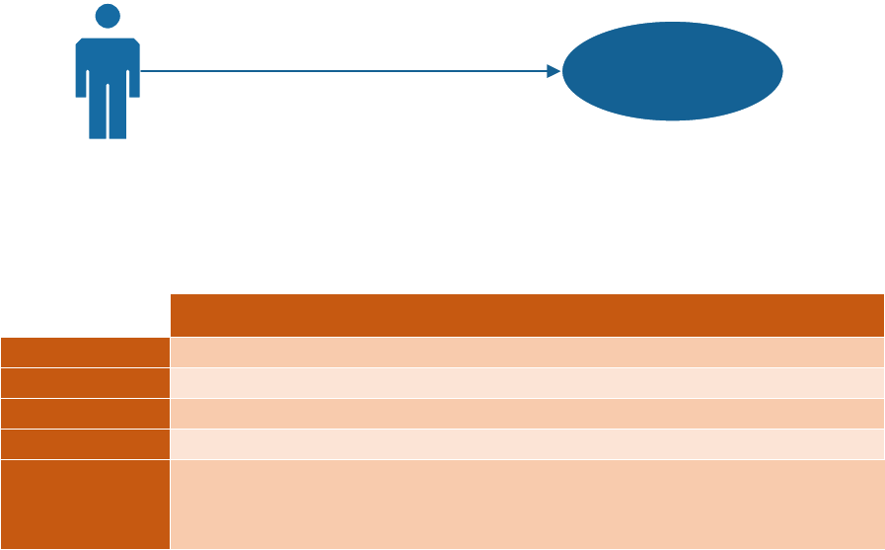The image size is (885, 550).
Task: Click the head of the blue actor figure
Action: coord(108,17)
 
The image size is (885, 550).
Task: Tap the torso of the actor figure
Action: coord(108,64)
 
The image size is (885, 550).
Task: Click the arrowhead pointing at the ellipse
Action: coord(553,71)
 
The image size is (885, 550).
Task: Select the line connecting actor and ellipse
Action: coord(345,71)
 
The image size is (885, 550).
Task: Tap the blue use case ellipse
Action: coord(673,71)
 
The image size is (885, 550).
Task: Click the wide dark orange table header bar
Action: coord(527,315)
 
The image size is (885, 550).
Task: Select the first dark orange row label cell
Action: coord(85,353)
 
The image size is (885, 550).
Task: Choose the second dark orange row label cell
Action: coord(85,383)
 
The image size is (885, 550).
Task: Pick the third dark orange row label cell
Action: coord(85,413)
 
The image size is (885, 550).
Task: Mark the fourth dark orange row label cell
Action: coord(85,443)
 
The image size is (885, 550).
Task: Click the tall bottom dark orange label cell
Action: coord(85,504)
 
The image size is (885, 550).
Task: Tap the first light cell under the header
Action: coord(527,353)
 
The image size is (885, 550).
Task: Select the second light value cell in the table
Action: coord(527,383)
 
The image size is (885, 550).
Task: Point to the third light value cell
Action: coord(527,413)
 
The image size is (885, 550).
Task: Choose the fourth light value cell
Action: coord(527,443)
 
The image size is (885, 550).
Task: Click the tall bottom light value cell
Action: coord(527,504)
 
